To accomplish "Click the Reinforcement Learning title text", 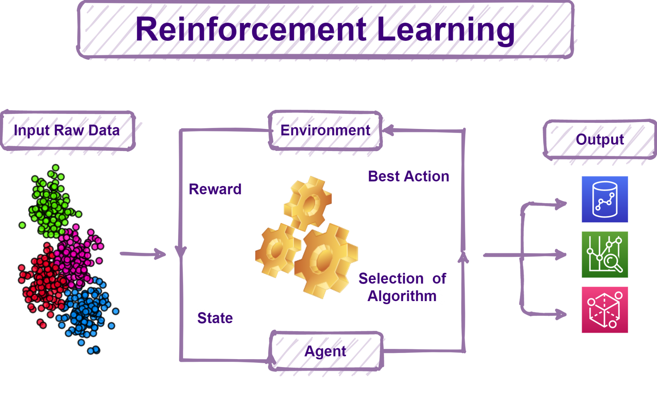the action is (325, 29).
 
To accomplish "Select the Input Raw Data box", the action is (68, 130).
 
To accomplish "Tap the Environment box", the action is (325, 130).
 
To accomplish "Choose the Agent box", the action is (326, 351).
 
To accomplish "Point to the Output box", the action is (600, 139).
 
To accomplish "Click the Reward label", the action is (215, 189).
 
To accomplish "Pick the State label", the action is (215, 318).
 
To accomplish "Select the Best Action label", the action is (408, 176).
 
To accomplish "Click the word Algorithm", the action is (402, 296).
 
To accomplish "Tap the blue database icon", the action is (605, 199).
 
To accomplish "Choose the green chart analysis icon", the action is (605, 255).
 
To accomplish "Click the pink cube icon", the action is (605, 310).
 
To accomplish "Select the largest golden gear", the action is (326, 260).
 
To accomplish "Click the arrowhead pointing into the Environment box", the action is (388, 130).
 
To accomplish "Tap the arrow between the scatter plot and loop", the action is (143, 254).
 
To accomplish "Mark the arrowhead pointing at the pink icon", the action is (561, 314).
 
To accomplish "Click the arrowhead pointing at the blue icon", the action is (561, 204).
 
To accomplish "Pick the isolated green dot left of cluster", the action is (22, 225).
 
